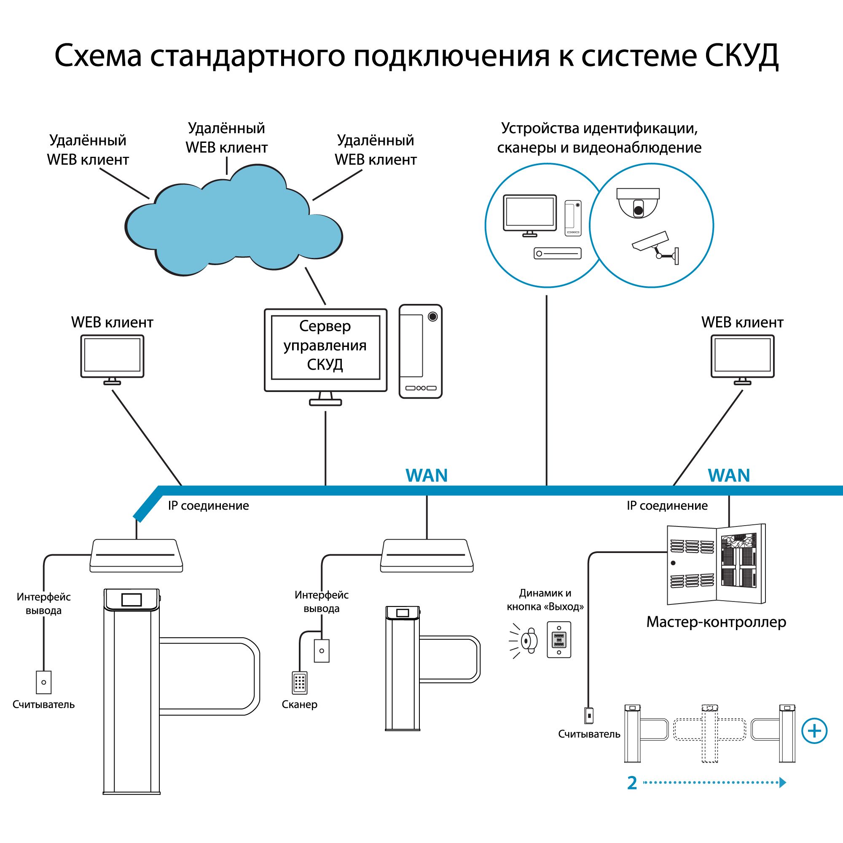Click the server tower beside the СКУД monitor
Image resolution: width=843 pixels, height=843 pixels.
pyautogui.click(x=420, y=351)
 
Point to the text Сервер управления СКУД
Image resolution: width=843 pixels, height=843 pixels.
pyautogui.click(x=325, y=345)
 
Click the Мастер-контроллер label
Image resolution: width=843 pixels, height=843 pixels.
pyautogui.click(x=716, y=622)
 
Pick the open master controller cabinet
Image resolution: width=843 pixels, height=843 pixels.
pyautogui.click(x=716, y=564)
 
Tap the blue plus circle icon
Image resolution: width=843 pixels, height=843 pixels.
pyautogui.click(x=814, y=731)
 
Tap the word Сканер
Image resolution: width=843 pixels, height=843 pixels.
pyautogui.click(x=299, y=704)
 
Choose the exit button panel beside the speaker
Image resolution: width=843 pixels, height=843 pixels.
pyautogui.click(x=559, y=640)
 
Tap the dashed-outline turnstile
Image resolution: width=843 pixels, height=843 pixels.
pyautogui.click(x=709, y=733)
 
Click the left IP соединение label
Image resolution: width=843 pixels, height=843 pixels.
pyautogui.click(x=209, y=506)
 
